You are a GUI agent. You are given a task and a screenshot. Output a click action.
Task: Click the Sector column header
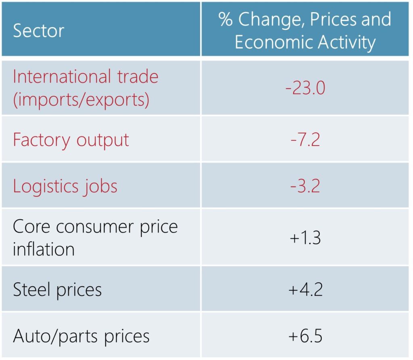click(x=39, y=31)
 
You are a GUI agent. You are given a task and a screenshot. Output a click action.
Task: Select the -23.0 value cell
click(x=305, y=88)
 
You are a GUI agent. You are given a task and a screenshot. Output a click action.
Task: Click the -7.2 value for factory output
click(x=305, y=139)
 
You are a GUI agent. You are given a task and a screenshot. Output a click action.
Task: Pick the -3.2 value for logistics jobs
click(x=305, y=186)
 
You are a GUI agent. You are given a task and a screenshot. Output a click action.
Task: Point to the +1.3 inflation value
click(x=305, y=238)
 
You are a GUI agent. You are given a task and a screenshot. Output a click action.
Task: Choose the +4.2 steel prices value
click(x=305, y=289)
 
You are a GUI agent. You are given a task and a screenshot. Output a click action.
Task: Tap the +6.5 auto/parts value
click(x=305, y=336)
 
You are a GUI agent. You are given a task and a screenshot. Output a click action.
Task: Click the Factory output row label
click(x=71, y=140)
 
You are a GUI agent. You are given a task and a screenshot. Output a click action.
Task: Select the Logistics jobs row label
click(x=65, y=186)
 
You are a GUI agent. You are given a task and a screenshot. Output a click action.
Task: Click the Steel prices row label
click(x=57, y=289)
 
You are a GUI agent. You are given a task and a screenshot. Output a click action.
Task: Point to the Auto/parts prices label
click(x=81, y=336)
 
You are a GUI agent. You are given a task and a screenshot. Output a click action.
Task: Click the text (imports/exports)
click(x=81, y=99)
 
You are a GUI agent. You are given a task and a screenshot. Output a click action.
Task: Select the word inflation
click(x=44, y=249)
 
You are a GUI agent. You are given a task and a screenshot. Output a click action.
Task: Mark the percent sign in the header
click(x=226, y=19)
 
